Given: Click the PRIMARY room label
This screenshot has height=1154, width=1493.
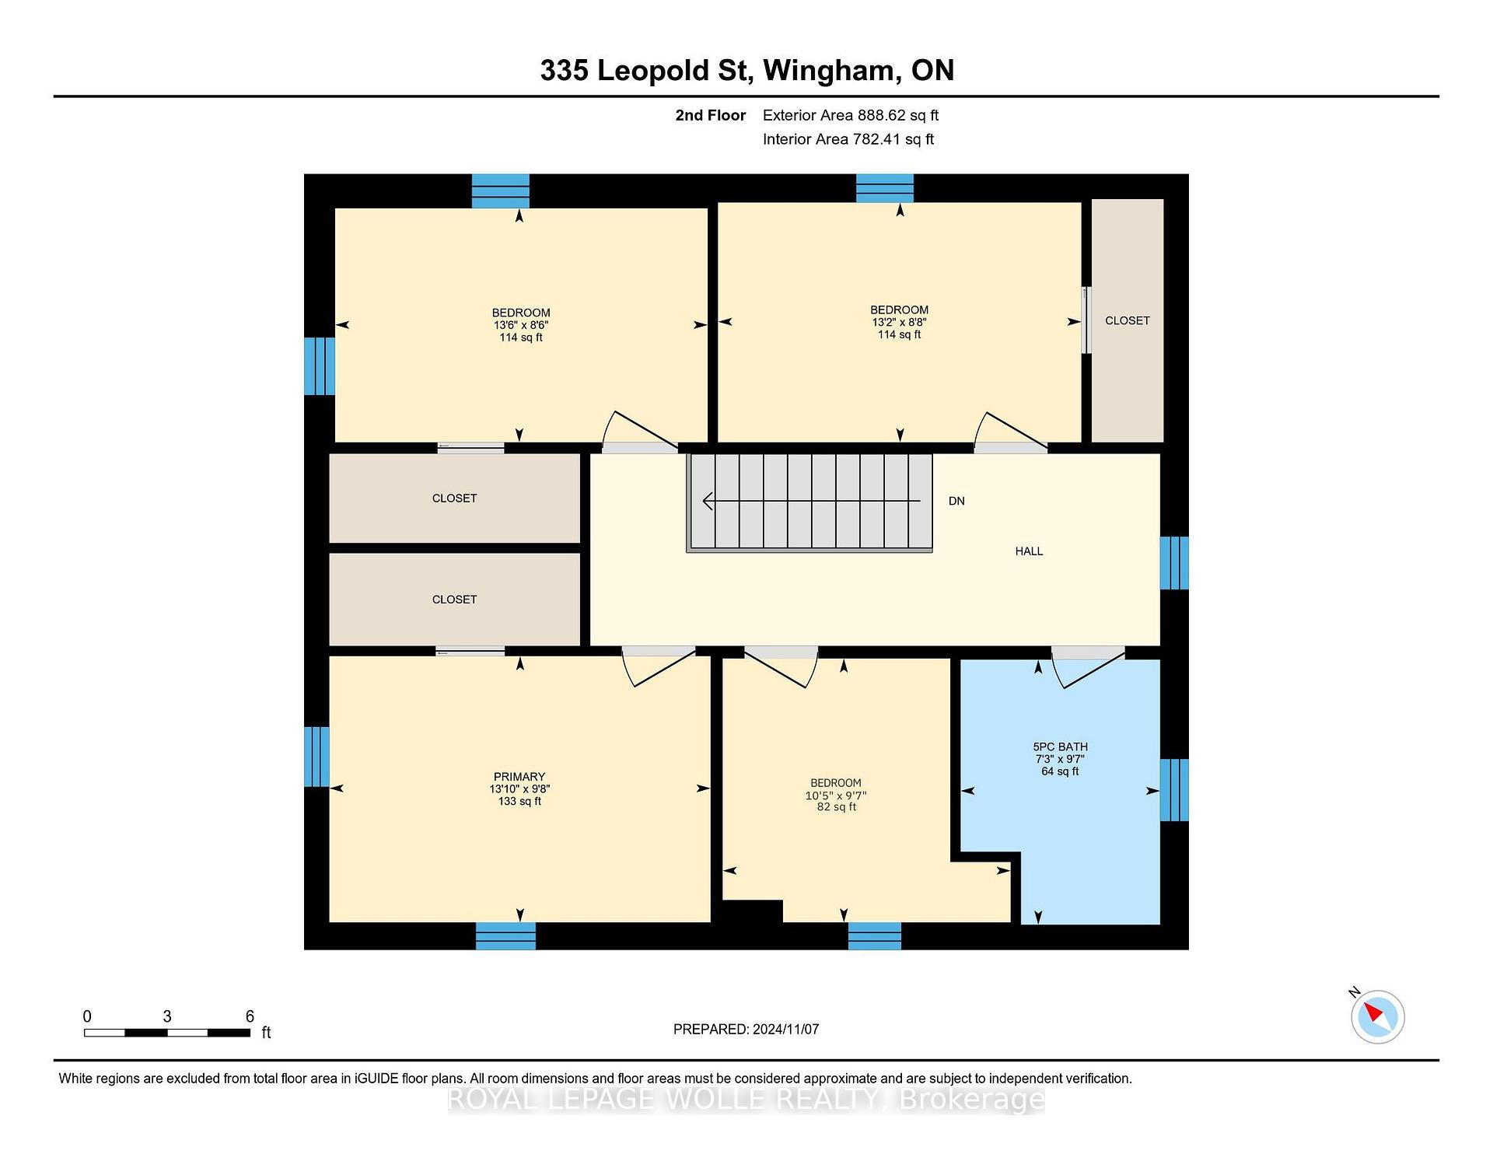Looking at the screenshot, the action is point(519,777).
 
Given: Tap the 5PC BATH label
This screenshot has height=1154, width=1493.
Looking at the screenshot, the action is point(1060,747).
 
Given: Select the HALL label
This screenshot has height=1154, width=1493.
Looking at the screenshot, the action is point(1029,551).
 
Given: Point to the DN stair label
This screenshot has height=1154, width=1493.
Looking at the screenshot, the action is point(956,501).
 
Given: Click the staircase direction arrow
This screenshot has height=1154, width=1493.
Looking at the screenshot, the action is point(812,501).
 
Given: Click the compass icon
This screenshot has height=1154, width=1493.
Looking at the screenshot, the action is point(1377,1016).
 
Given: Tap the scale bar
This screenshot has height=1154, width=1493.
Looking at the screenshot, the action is point(167,1033).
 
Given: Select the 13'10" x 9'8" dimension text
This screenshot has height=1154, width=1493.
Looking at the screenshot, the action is point(519,789).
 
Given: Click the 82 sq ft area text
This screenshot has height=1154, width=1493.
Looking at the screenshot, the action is point(837,807).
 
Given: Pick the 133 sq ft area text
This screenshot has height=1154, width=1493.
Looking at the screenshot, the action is point(519,801).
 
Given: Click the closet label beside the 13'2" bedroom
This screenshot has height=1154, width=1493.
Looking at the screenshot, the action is point(1128,320).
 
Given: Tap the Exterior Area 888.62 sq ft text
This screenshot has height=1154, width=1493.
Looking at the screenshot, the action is point(851,115).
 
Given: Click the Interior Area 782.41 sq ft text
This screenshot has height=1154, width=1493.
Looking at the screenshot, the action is point(848,139).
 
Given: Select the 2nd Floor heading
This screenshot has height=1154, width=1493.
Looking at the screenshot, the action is point(710,115).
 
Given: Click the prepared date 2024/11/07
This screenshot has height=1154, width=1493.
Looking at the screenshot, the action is point(785,1029).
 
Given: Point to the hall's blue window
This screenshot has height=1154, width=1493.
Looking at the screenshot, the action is point(1174,563).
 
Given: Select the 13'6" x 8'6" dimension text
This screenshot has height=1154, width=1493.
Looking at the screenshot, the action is point(521,325).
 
